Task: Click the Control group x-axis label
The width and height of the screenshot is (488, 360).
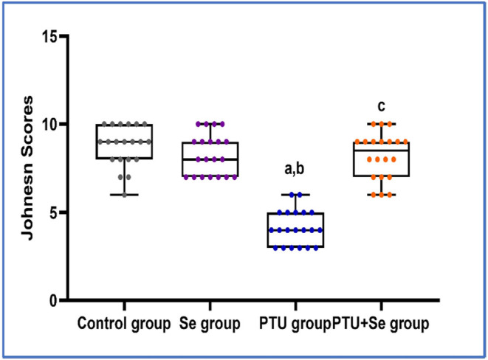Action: pyautogui.click(x=123, y=323)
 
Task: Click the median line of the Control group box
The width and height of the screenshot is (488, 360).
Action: pyautogui.click(x=124, y=142)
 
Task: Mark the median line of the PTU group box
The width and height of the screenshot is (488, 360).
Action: pyautogui.click(x=295, y=230)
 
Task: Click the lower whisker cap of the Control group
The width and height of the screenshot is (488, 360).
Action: pyautogui.click(x=124, y=195)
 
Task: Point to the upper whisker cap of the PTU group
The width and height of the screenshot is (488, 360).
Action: pyautogui.click(x=295, y=195)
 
